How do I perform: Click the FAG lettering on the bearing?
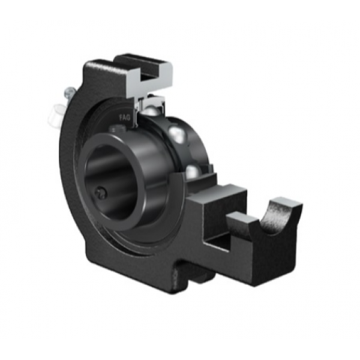[x=124, y=118]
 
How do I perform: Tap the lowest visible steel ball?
[x=191, y=172]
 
